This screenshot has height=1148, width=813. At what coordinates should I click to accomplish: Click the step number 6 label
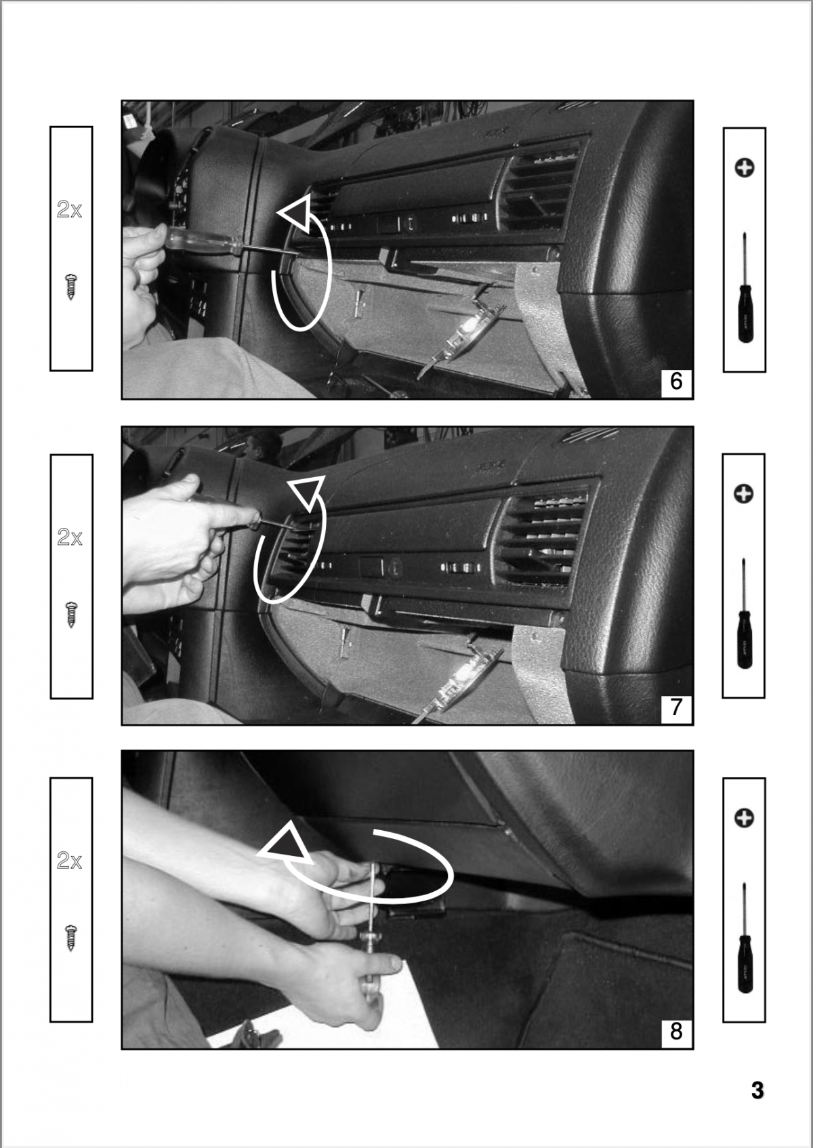pos(675,382)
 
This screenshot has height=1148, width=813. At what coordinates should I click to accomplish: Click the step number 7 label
pos(675,708)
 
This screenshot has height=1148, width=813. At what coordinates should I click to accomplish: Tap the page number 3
pos(757,1091)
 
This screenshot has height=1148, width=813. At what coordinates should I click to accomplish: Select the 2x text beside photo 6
pos(70,210)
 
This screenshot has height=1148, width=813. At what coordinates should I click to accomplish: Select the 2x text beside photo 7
pos(70,537)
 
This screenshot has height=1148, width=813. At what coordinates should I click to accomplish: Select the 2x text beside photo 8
pos(70,861)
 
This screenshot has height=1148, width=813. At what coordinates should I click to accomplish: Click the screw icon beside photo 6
pos(70,286)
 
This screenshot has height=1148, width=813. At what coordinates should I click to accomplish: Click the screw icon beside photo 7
pos(70,614)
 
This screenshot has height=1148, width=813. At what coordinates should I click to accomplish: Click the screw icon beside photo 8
pos(70,938)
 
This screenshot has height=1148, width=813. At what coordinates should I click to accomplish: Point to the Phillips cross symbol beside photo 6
pos(745,167)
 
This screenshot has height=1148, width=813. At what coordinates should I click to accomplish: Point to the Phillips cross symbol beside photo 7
pos(744,494)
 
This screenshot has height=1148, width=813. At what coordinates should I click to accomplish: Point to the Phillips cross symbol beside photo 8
pos(744,818)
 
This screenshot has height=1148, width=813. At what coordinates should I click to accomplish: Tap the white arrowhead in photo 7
pos(306,491)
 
